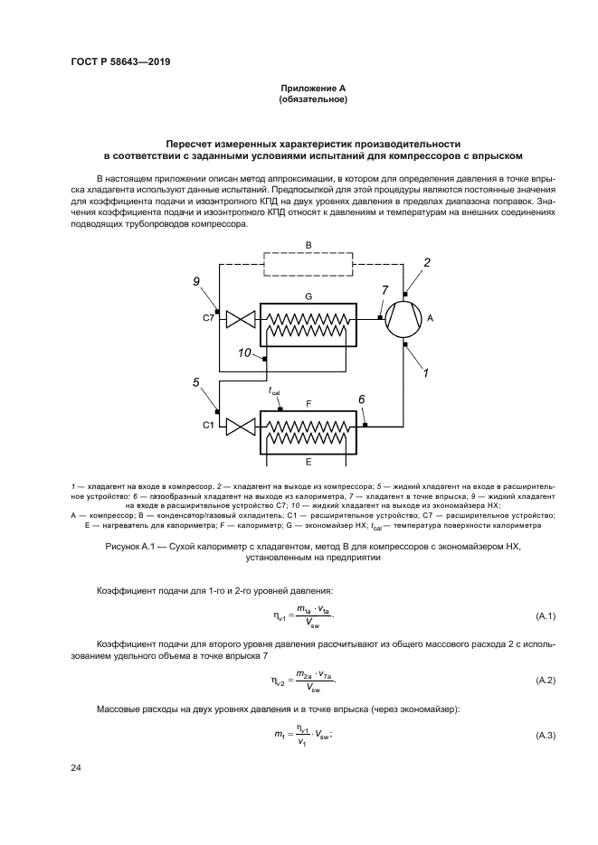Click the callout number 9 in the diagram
195,283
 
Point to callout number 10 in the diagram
244,353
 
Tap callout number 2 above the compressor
427,262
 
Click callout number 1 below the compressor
426,371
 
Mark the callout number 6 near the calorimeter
362,399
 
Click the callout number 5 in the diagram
195,382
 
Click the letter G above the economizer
308,296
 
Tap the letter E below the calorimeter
308,461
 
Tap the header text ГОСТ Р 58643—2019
120,61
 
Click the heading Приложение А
314,88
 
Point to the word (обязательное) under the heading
314,99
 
